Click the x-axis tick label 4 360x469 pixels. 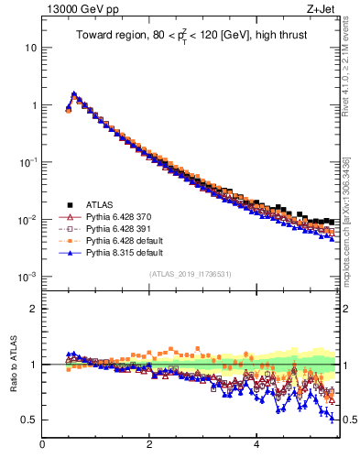(256, 446)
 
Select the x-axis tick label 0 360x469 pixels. (42, 446)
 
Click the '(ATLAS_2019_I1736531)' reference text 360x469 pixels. (191, 273)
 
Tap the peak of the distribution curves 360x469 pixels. (73, 93)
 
